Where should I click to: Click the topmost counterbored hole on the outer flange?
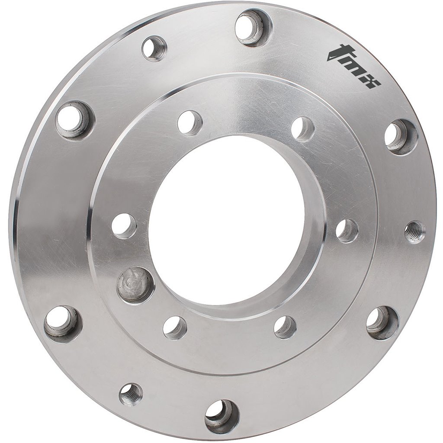pyautogui.click(x=253, y=27)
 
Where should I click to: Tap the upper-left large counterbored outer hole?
pyautogui.click(x=74, y=119)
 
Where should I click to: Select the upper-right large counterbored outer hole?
pyautogui.click(x=401, y=137)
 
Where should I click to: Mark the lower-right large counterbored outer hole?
pyautogui.click(x=382, y=323)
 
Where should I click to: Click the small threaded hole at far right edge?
pyautogui.click(x=414, y=232)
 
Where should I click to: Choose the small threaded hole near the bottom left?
pyautogui.click(x=131, y=394)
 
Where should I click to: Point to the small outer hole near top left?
pyautogui.click(x=154, y=48)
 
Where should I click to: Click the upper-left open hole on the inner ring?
pyautogui.click(x=189, y=122)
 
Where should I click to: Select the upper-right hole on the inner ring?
pyautogui.click(x=302, y=128)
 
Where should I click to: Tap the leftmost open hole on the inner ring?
pyautogui.click(x=124, y=225)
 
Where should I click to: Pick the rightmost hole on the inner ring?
pyautogui.click(x=347, y=231)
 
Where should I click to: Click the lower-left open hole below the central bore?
pyautogui.click(x=175, y=327)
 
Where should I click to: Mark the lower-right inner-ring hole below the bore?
pyautogui.click(x=285, y=327)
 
